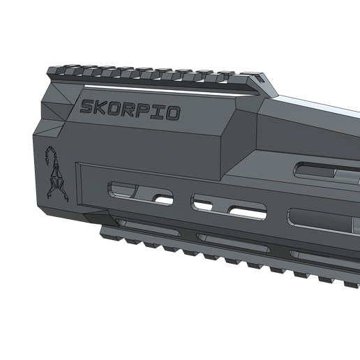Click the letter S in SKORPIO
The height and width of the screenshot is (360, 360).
[x=88, y=107]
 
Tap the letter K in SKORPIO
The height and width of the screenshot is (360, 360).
[x=103, y=109]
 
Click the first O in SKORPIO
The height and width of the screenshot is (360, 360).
[x=118, y=110]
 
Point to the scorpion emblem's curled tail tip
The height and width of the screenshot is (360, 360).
[x=50, y=152]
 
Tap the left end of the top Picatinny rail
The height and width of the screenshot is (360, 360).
[x=53, y=69]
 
